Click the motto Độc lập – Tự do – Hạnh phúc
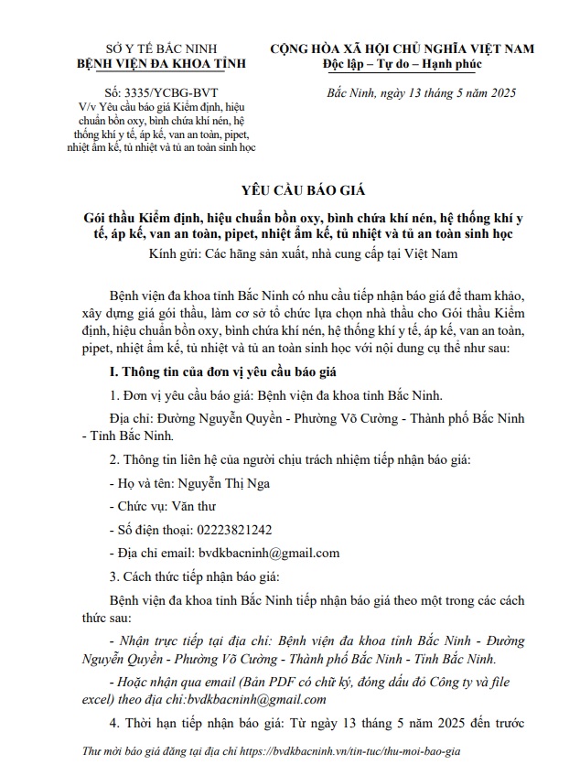(x=402, y=64)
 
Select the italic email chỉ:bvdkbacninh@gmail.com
(x=255, y=699)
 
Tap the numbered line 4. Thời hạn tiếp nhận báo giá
(x=202, y=725)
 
